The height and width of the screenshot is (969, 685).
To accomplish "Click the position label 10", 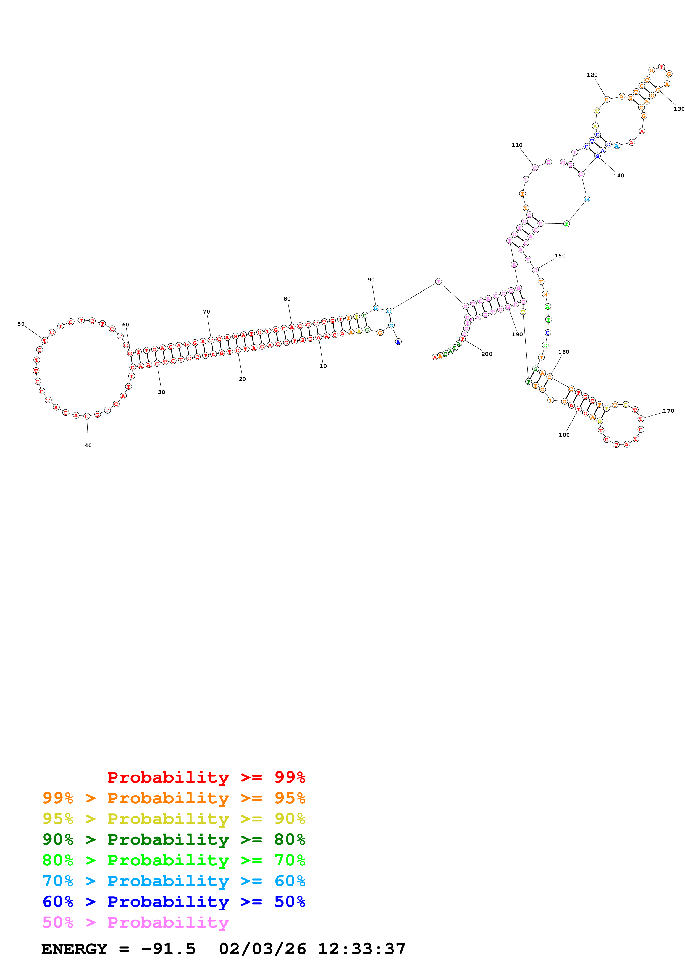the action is tap(323, 366).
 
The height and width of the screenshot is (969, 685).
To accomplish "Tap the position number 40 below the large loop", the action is tap(88, 445).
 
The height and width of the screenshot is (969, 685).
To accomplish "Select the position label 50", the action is tap(21, 324).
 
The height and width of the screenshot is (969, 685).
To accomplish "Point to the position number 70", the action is tap(206, 312).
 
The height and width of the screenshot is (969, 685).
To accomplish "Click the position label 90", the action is tap(371, 279).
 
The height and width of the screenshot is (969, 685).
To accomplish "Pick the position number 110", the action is tap(517, 145).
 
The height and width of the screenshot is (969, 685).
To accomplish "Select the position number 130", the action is tap(679, 109).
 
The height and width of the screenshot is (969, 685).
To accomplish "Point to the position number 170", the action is tap(668, 411).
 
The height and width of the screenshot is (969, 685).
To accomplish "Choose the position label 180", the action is tap(564, 435).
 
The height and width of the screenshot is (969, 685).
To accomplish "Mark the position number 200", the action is tap(487, 354).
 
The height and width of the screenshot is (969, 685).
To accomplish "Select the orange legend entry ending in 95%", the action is tap(174, 798).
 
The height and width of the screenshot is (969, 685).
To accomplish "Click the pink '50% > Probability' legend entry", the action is tap(135, 922).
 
